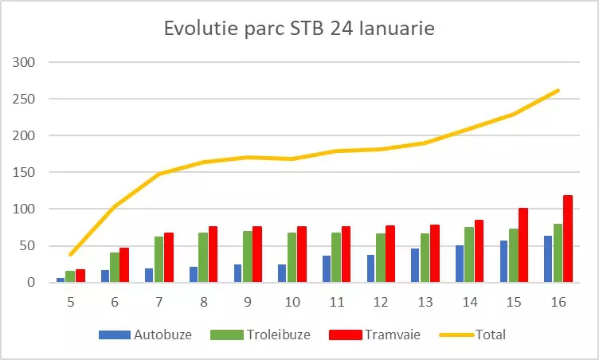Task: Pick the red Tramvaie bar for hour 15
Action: pos(523,245)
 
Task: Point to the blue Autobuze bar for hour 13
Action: pos(415,265)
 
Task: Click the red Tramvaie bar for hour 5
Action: pos(80,276)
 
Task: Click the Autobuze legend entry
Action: pos(145,335)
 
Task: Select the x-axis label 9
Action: pos(248,303)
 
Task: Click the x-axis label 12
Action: pos(380,303)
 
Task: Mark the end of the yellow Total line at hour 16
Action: pos(558,91)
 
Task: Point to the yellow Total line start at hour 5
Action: pos(71,254)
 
